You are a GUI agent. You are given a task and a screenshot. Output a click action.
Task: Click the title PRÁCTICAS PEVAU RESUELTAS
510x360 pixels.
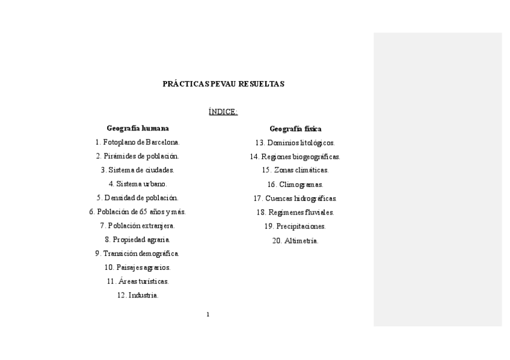pyautogui.click(x=223, y=84)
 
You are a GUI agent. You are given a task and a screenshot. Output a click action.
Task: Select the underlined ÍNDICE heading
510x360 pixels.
pyautogui.click(x=223, y=112)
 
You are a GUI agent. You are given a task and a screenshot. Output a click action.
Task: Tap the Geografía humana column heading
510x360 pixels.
pyautogui.click(x=138, y=128)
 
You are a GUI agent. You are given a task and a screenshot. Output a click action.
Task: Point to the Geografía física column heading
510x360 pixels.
pyautogui.click(x=295, y=129)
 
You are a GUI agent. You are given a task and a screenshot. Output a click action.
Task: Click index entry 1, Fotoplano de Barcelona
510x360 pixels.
pyautogui.click(x=138, y=142)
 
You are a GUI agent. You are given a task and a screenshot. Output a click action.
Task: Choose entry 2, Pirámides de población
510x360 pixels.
pyautogui.click(x=138, y=156)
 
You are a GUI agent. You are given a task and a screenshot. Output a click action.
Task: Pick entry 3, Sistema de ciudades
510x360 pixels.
pyautogui.click(x=138, y=170)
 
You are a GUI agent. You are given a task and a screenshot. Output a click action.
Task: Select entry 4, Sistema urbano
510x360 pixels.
pyautogui.click(x=138, y=184)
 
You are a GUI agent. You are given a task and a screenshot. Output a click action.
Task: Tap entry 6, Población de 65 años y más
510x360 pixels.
pyautogui.click(x=138, y=212)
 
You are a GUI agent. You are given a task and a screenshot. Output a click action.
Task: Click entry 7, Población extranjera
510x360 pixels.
pyautogui.click(x=138, y=225)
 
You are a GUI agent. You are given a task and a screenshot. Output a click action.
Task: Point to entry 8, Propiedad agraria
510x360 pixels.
pyautogui.click(x=138, y=239)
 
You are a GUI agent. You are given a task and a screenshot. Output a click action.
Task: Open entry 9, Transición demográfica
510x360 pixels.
pyautogui.click(x=138, y=254)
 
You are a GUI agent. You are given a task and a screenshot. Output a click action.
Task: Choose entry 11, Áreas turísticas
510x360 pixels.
pyautogui.click(x=138, y=281)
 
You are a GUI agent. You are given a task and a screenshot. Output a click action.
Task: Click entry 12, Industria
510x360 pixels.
pyautogui.click(x=138, y=295)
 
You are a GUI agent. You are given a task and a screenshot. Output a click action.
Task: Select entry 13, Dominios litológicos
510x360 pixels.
pyautogui.click(x=295, y=143)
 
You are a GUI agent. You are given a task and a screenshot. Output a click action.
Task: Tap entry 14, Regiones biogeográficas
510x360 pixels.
pyautogui.click(x=295, y=157)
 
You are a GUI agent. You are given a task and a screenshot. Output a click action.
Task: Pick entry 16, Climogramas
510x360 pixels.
pyautogui.click(x=295, y=185)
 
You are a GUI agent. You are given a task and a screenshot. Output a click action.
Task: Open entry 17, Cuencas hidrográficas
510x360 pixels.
pyautogui.click(x=295, y=198)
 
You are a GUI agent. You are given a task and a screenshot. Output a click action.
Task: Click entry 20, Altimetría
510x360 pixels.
pyautogui.click(x=295, y=241)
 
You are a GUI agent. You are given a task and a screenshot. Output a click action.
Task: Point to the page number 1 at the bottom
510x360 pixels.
pyautogui.click(x=208, y=314)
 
